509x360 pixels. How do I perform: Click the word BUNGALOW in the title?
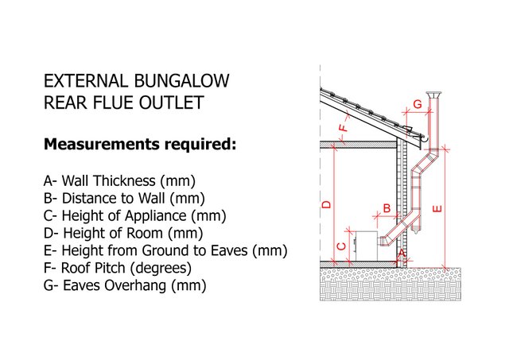pyautogui.click(x=181, y=81)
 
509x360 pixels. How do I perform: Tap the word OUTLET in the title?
pyautogui.click(x=171, y=103)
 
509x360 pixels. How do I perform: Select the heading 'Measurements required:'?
pyautogui.click(x=140, y=145)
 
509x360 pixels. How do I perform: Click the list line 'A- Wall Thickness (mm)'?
pyautogui.click(x=119, y=181)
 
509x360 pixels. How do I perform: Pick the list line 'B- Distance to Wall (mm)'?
pyautogui.click(x=124, y=198)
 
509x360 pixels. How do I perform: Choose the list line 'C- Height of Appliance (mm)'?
pyautogui.click(x=134, y=215)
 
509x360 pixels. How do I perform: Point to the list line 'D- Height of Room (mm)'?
pyautogui.click(x=123, y=233)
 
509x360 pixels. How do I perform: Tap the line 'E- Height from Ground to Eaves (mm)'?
pyautogui.click(x=165, y=250)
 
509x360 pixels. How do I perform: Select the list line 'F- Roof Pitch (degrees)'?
pyautogui.click(x=118, y=269)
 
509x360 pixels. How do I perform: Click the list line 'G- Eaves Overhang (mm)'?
pyautogui.click(x=125, y=286)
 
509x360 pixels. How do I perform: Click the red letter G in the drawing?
pyautogui.click(x=418, y=104)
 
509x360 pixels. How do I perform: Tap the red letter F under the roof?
pyautogui.click(x=343, y=127)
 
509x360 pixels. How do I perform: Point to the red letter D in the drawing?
pyautogui.click(x=326, y=204)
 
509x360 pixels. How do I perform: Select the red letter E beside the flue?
pyautogui.click(x=437, y=208)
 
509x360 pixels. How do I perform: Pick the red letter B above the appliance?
pyautogui.click(x=387, y=208)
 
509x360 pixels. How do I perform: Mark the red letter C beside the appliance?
pyautogui.click(x=342, y=246)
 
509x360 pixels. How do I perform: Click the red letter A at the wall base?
pyautogui.click(x=402, y=253)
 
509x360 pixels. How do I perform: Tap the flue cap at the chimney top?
pyautogui.click(x=433, y=95)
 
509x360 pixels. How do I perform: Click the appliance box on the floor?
pyautogui.click(x=366, y=246)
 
